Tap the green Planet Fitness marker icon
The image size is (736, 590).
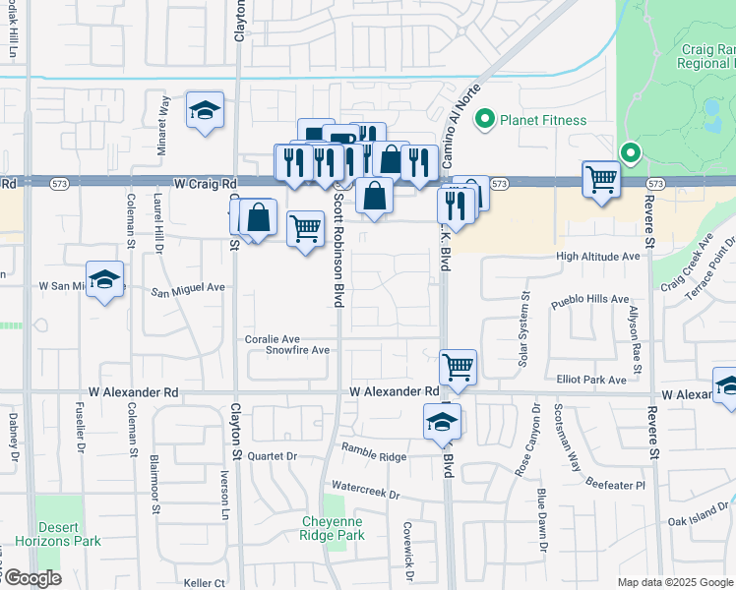(484, 121)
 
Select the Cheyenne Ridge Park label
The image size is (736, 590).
(333, 528)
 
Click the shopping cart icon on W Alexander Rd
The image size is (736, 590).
(459, 367)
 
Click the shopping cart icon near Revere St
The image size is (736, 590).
(601, 179)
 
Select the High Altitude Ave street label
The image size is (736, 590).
(597, 257)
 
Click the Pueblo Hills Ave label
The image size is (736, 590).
(592, 299)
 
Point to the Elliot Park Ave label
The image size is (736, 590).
(591, 380)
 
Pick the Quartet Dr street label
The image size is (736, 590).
(272, 456)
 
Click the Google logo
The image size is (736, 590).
(31, 578)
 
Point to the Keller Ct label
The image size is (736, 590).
(204, 583)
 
